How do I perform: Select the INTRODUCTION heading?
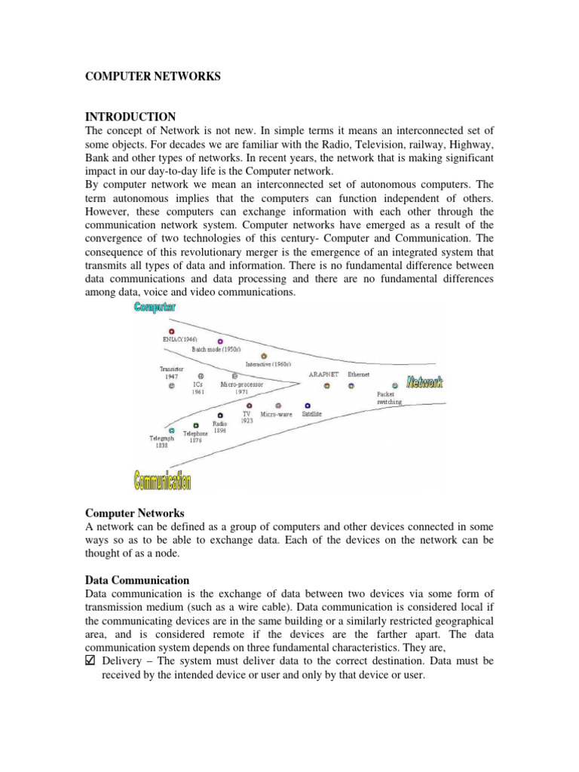130,117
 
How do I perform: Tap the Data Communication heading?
137,580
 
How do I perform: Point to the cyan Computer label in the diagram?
155,307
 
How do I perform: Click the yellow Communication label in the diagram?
162,480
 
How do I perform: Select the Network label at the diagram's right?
424,383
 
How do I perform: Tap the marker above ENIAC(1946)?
171,331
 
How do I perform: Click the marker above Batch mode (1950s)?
220,342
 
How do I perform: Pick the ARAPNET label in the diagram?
323,374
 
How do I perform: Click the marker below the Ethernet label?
351,386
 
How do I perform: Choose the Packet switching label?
389,398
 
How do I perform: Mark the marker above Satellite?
308,406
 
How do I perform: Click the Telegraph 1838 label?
162,442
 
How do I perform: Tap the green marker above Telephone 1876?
196,425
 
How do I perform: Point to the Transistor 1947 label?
172,372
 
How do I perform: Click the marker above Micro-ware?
278,406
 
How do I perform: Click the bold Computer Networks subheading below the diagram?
134,513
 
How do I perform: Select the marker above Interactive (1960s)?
263,356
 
